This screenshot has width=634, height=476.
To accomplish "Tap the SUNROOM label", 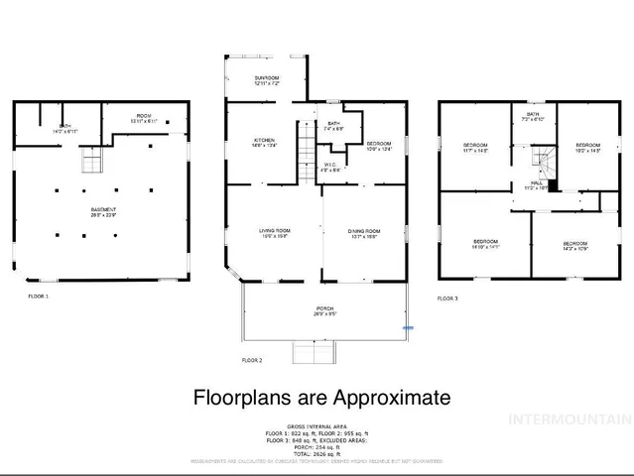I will coord(266,80).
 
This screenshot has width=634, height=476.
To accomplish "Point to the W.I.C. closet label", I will coord(331,167).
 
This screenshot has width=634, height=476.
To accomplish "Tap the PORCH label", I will coord(323,310).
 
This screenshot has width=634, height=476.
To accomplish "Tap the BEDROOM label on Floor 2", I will coord(378,145).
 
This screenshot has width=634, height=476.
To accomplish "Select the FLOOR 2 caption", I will coord(252,359).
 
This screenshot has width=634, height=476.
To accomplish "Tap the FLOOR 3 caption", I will coord(448,297).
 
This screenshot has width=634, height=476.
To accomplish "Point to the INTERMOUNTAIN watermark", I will coord(569,419).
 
